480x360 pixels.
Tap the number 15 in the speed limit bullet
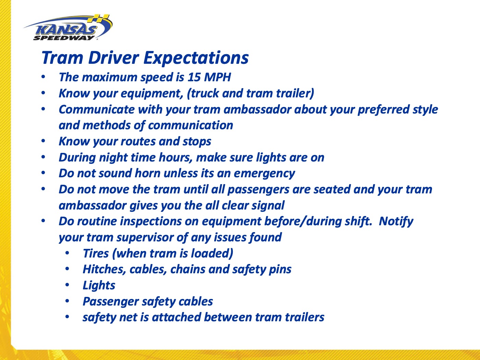coord(194,77)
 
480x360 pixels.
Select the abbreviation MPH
coord(217,77)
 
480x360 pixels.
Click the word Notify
coord(396,221)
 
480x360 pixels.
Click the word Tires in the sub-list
coord(96,253)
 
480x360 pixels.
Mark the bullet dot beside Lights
coord(67,285)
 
